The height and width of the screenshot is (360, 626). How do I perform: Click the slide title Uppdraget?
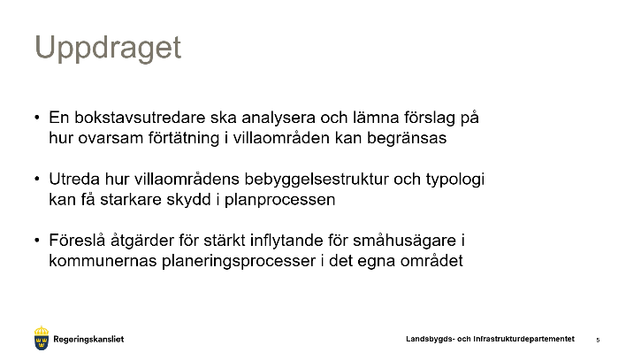108,48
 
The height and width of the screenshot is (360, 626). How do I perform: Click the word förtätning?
184,138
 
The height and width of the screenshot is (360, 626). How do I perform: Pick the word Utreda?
74,179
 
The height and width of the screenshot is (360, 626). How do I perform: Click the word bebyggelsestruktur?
317,179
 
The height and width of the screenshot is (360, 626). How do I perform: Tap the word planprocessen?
280,200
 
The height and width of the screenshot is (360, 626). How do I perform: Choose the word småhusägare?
404,241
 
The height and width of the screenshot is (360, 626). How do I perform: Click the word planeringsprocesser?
239,261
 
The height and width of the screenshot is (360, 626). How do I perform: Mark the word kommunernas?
103,261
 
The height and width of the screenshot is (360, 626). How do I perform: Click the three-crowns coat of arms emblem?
42,338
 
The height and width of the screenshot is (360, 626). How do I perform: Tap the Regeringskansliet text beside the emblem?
88,340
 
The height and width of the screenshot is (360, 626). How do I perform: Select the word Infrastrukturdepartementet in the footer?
523,339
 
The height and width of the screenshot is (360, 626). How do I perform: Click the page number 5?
598,340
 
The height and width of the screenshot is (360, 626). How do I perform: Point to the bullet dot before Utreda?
37,179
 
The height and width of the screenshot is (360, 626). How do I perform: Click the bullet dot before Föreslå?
37,241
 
